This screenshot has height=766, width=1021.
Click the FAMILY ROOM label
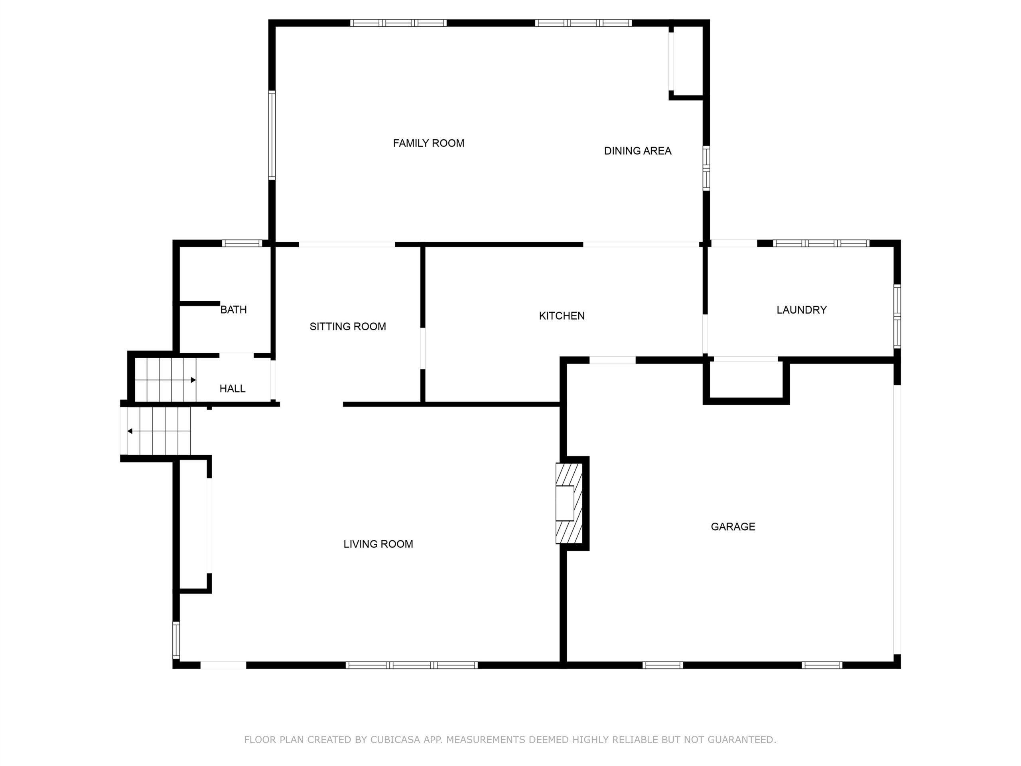(x=428, y=143)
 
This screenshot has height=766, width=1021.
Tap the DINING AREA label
(x=637, y=150)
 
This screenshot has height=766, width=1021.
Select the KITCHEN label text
(x=562, y=316)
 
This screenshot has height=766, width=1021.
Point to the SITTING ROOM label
(x=347, y=326)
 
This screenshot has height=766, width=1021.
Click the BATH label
(x=233, y=309)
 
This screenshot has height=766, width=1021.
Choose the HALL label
(x=232, y=388)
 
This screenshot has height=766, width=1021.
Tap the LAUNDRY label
(x=801, y=310)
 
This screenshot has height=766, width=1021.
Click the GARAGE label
(x=733, y=526)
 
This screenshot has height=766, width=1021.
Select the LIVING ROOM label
(x=378, y=544)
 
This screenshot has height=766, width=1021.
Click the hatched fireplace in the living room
(x=569, y=503)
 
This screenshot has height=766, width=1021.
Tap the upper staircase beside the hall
(x=165, y=380)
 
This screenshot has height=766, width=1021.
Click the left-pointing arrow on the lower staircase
(x=159, y=431)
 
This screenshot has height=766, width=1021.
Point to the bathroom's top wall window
(x=242, y=243)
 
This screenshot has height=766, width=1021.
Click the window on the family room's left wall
(x=272, y=135)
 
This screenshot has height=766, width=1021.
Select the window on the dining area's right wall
(x=706, y=168)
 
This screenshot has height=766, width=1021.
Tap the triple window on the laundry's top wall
(x=821, y=243)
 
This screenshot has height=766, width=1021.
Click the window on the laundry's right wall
(x=897, y=316)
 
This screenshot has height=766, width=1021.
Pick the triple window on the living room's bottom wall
(x=412, y=665)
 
